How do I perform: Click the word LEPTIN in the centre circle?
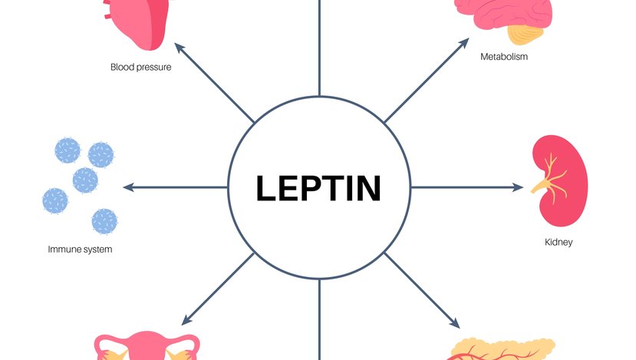[x=318, y=188]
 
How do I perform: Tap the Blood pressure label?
[x=140, y=67]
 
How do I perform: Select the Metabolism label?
[x=504, y=57]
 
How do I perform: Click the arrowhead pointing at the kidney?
[x=519, y=187]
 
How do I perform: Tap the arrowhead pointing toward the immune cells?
[x=128, y=187]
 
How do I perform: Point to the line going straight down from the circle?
[x=318, y=330]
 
